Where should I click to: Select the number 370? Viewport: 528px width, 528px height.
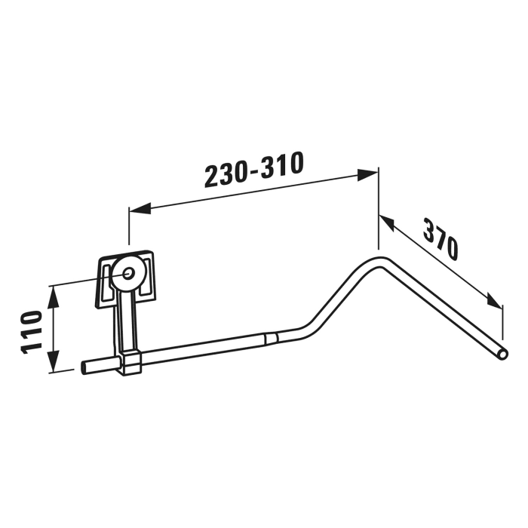point(441,239)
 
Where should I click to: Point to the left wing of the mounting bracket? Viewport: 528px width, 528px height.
point(103,282)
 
